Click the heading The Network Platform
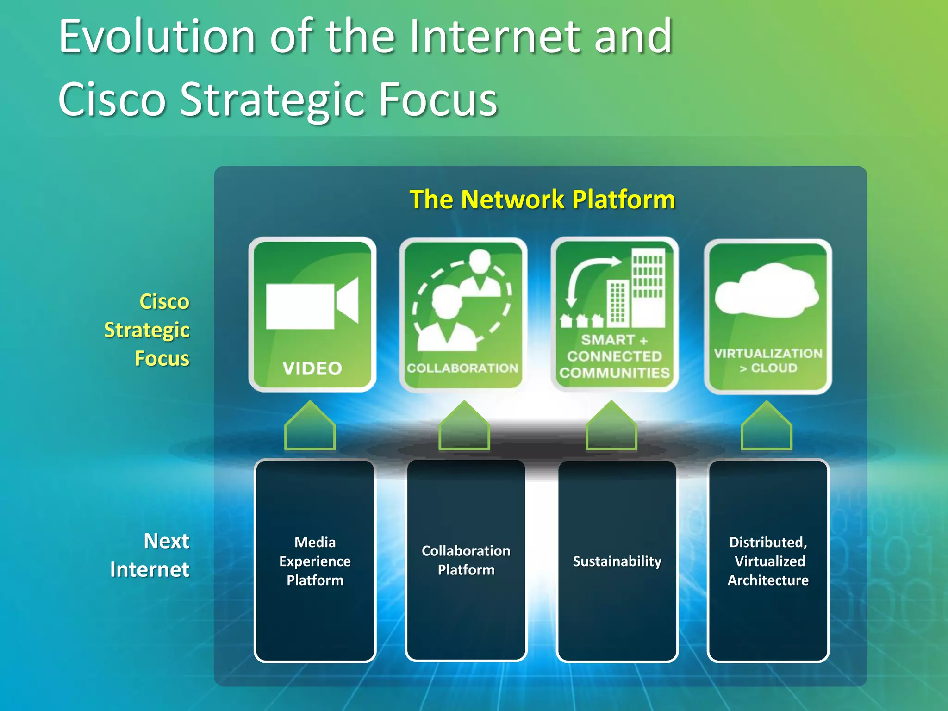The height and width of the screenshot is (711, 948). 542,200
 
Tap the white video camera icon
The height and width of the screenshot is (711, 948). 311,305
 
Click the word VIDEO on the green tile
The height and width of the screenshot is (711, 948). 312,368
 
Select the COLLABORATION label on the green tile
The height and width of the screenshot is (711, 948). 462,368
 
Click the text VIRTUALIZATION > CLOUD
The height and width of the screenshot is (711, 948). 768,360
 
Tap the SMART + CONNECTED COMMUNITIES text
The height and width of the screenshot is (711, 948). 614,356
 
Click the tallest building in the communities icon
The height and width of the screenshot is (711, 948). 648,287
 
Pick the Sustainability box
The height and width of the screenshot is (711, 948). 617,561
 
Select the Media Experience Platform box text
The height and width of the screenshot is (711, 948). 315,561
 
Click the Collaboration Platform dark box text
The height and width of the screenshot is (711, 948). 466,560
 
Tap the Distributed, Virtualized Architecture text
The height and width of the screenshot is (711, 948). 768,561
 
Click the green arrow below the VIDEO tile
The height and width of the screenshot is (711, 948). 310,427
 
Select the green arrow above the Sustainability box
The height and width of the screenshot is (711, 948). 611,427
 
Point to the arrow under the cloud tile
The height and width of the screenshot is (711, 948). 766,427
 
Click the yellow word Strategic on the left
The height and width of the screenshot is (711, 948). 147,330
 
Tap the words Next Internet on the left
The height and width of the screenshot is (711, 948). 150,555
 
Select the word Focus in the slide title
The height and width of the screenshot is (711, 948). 437,99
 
